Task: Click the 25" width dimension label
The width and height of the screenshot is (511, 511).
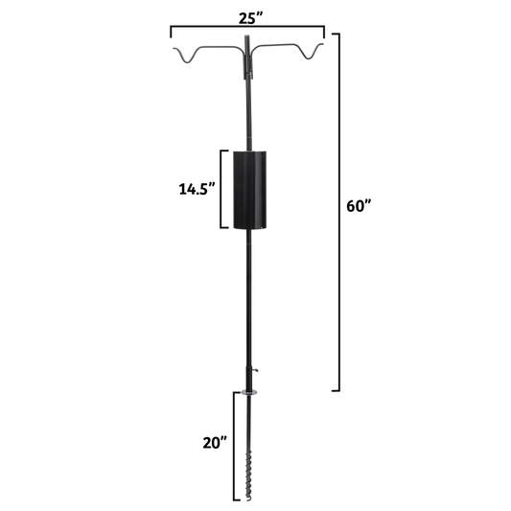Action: (x=246, y=16)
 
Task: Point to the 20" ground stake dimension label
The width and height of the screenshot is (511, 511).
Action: (x=213, y=443)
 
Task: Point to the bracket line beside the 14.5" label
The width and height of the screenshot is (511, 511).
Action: (x=224, y=190)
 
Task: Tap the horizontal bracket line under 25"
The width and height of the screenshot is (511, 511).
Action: (x=246, y=32)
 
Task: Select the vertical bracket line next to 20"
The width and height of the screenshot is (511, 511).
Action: (x=234, y=446)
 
